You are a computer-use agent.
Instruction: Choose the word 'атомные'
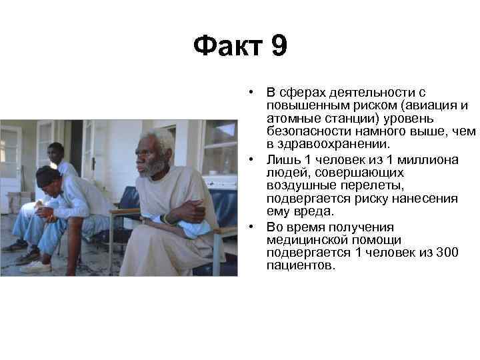pos(290,119)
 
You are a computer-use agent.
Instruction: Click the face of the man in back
pos(57,154)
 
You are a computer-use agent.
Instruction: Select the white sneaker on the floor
pos(35,267)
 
